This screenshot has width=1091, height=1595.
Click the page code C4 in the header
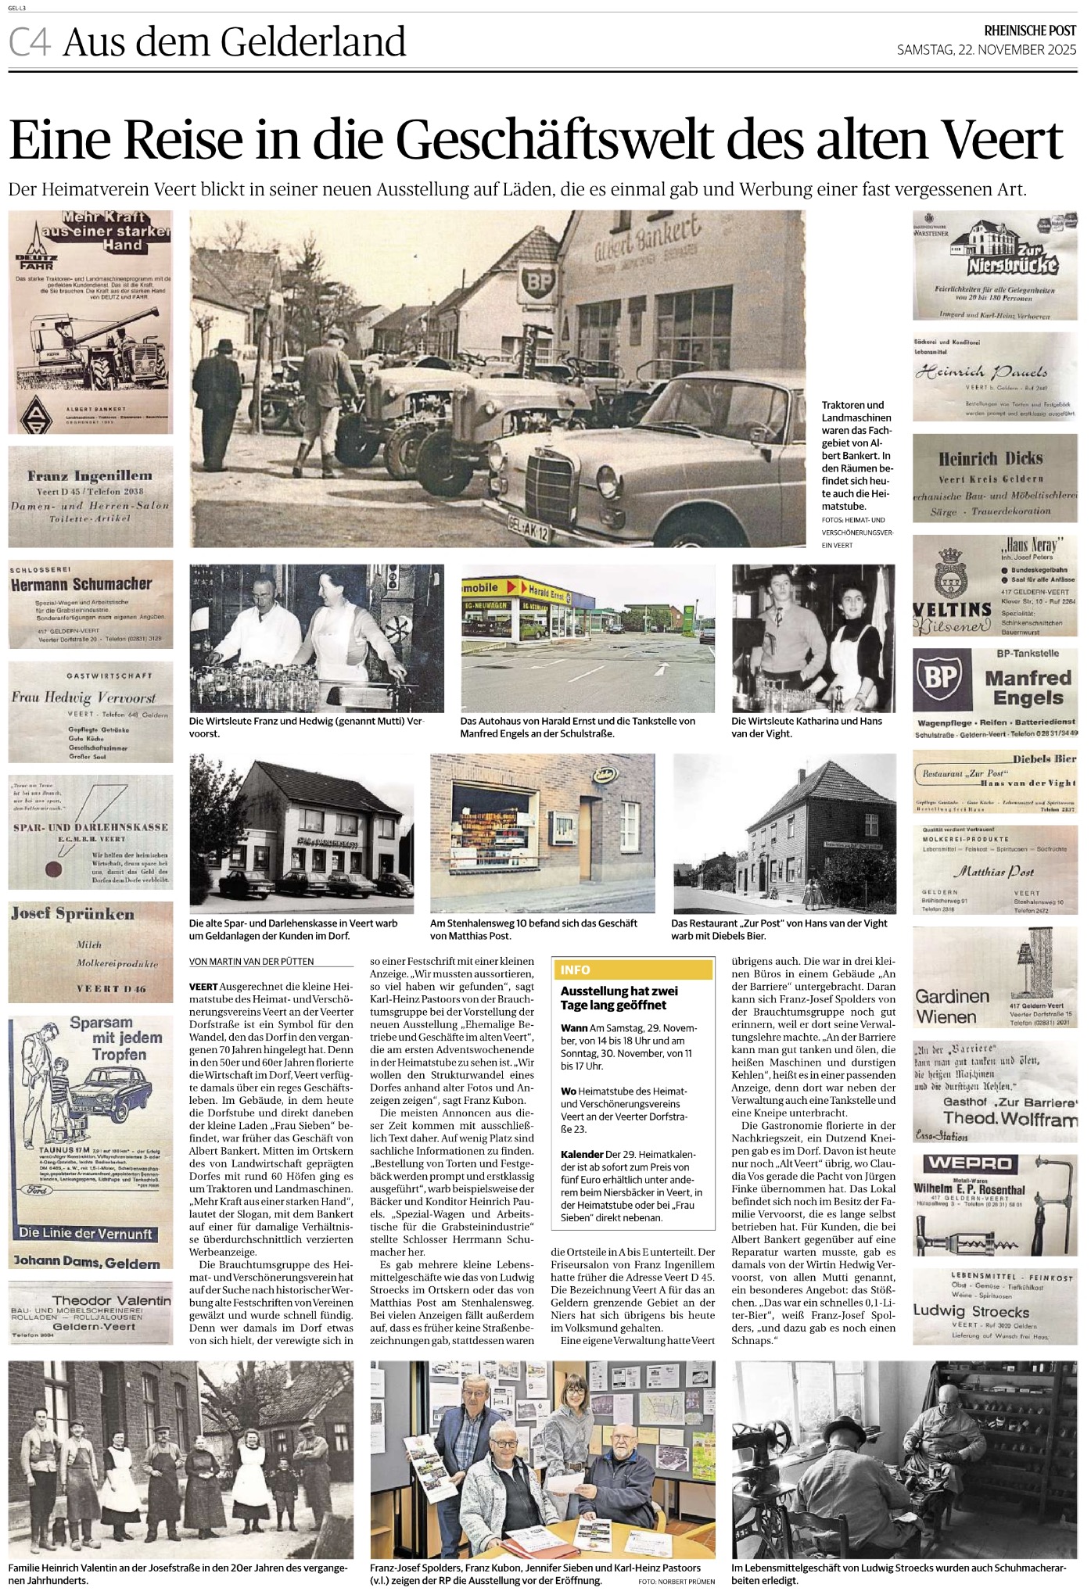click(30, 42)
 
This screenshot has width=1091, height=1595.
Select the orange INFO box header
click(632, 970)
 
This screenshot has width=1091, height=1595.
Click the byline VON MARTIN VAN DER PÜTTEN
click(251, 961)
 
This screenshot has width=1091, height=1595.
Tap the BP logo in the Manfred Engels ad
click(942, 678)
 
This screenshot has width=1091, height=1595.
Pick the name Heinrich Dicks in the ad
click(991, 459)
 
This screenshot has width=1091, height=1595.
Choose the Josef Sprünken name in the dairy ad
click(73, 914)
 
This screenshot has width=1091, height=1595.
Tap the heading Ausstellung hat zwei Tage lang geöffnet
click(619, 998)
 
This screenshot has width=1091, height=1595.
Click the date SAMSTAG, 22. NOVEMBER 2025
click(986, 50)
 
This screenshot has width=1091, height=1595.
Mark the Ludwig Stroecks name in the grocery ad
click(971, 1311)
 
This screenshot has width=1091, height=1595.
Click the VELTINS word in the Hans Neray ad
click(952, 608)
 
